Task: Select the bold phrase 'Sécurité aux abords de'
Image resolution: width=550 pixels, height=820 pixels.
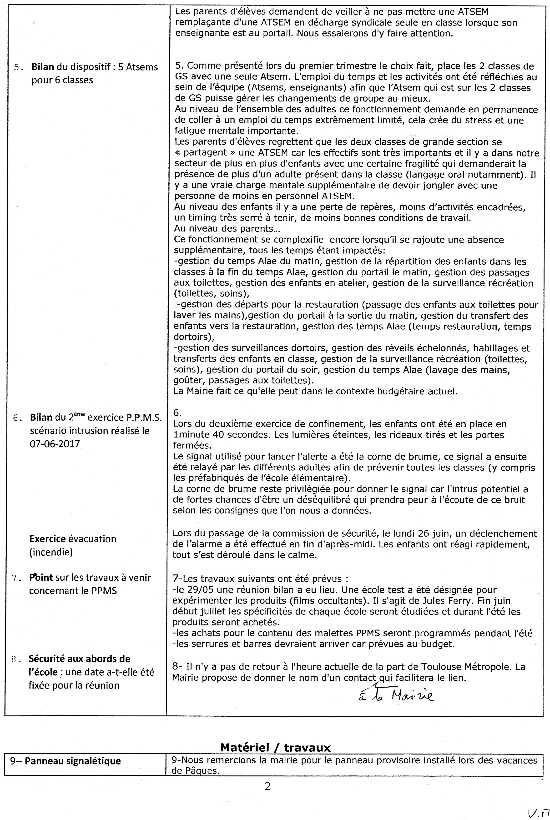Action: tap(80, 659)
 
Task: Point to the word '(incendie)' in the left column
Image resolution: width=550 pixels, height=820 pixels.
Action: tap(51, 552)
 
